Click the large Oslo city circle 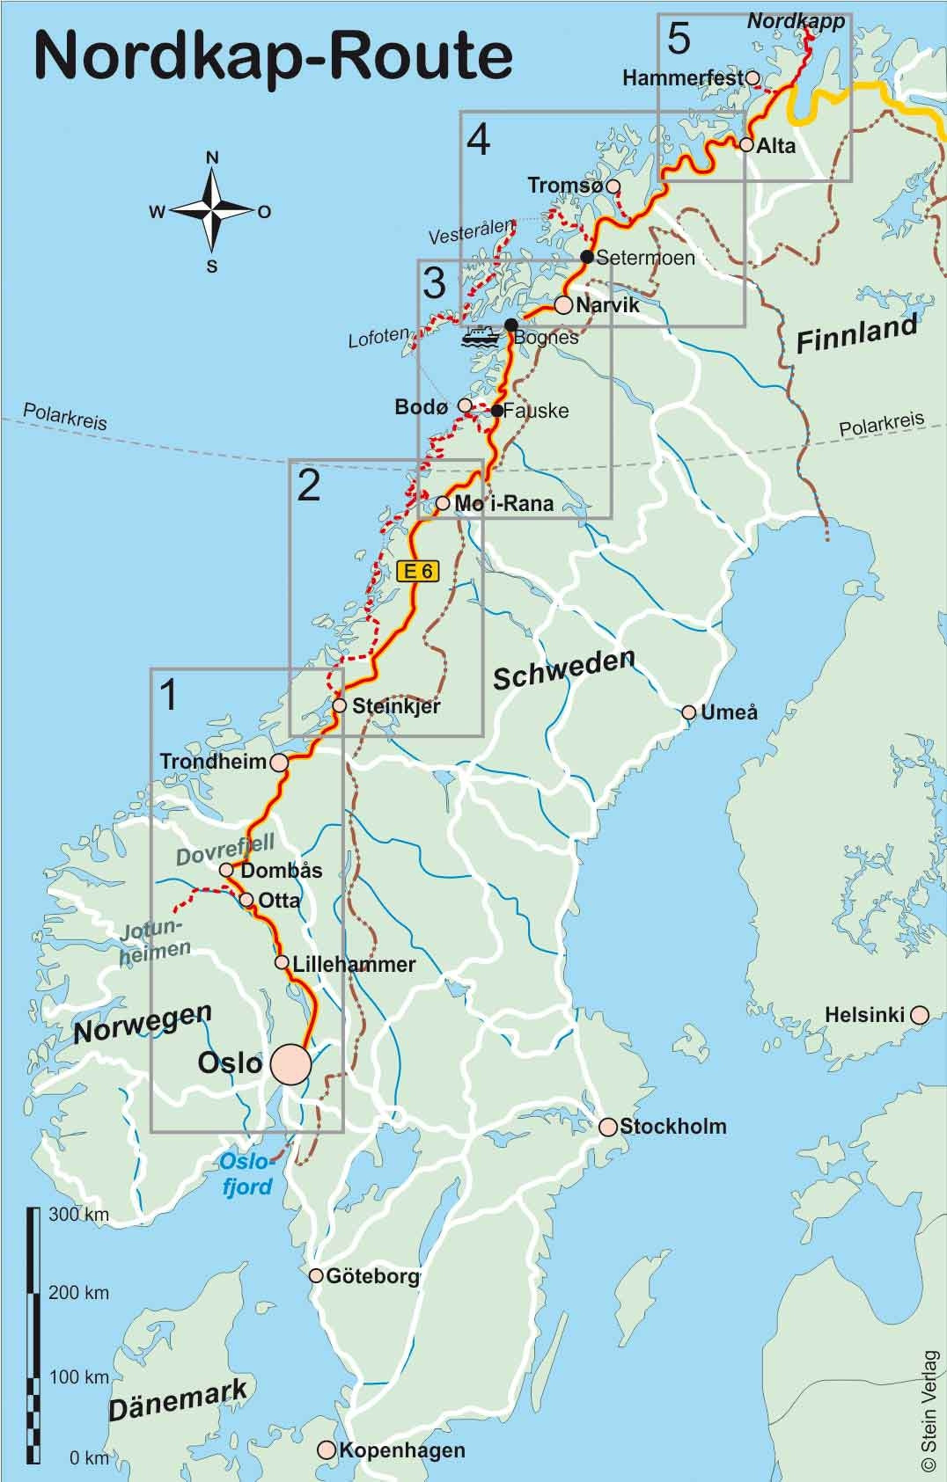tap(290, 1064)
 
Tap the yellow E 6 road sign tap(416, 571)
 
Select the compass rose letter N tap(212, 158)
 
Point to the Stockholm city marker tap(608, 1126)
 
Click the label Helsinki tap(864, 1015)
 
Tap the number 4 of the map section tap(478, 141)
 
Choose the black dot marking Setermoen tap(587, 257)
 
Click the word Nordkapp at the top tap(796, 20)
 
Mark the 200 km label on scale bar tap(78, 1293)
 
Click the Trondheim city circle tap(280, 762)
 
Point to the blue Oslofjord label tap(246, 1174)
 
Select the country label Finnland tap(856, 334)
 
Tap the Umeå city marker tap(690, 712)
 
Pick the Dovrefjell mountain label tap(225, 850)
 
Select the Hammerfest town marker tap(752, 77)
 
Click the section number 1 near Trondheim tap(168, 695)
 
